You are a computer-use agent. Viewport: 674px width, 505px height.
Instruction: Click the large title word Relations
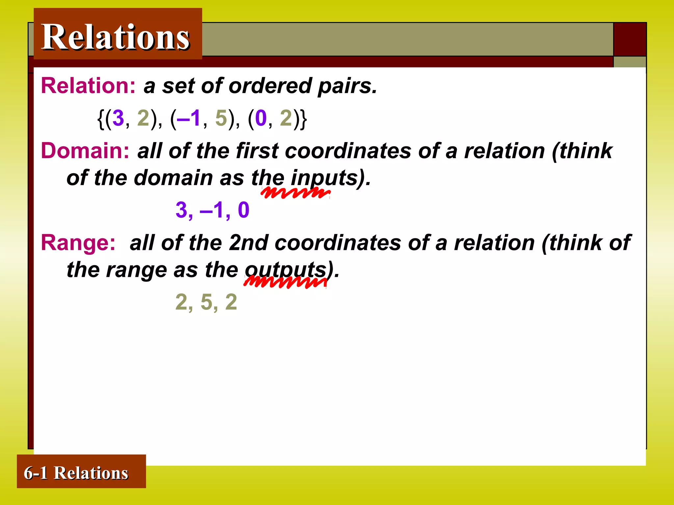(x=116, y=37)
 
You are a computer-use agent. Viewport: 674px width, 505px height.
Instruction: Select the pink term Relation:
(x=88, y=86)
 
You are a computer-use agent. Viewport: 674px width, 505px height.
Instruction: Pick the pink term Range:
(x=78, y=243)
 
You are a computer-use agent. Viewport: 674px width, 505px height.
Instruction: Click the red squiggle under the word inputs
(x=295, y=193)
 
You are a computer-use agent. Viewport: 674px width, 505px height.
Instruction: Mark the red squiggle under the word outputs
(x=285, y=282)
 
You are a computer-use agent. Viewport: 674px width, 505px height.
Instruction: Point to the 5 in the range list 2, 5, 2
(x=207, y=302)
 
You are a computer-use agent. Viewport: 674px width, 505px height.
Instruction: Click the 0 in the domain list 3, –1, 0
(x=244, y=210)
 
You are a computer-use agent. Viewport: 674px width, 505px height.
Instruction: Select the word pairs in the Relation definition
(x=347, y=86)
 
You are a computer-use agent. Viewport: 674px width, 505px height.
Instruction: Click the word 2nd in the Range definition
(x=248, y=243)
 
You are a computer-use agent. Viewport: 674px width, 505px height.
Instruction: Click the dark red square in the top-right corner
(x=630, y=39)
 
